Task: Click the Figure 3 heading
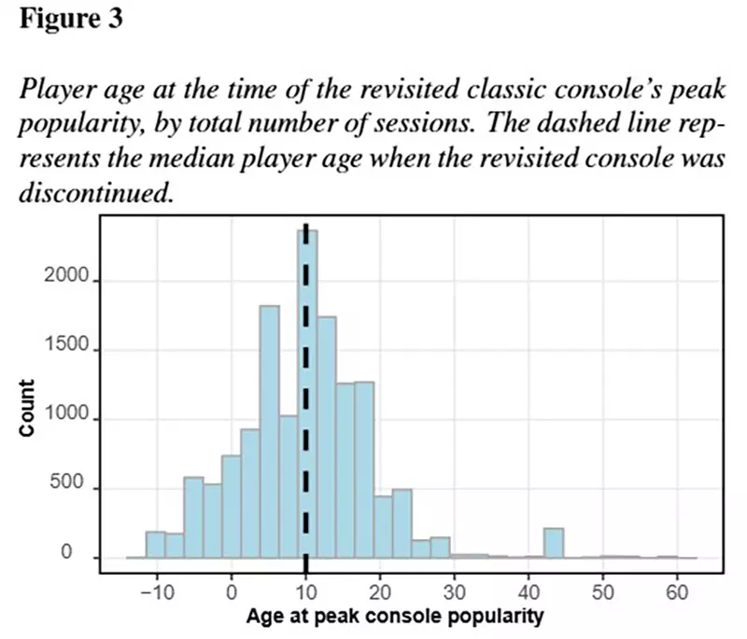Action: [70, 20]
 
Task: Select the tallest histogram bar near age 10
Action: [307, 392]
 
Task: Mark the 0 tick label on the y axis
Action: [82, 557]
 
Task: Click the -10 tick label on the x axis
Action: [153, 592]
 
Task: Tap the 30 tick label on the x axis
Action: [454, 592]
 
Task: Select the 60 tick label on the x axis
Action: [677, 592]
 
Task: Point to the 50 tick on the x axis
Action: [603, 592]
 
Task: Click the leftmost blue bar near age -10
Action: [155, 545]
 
